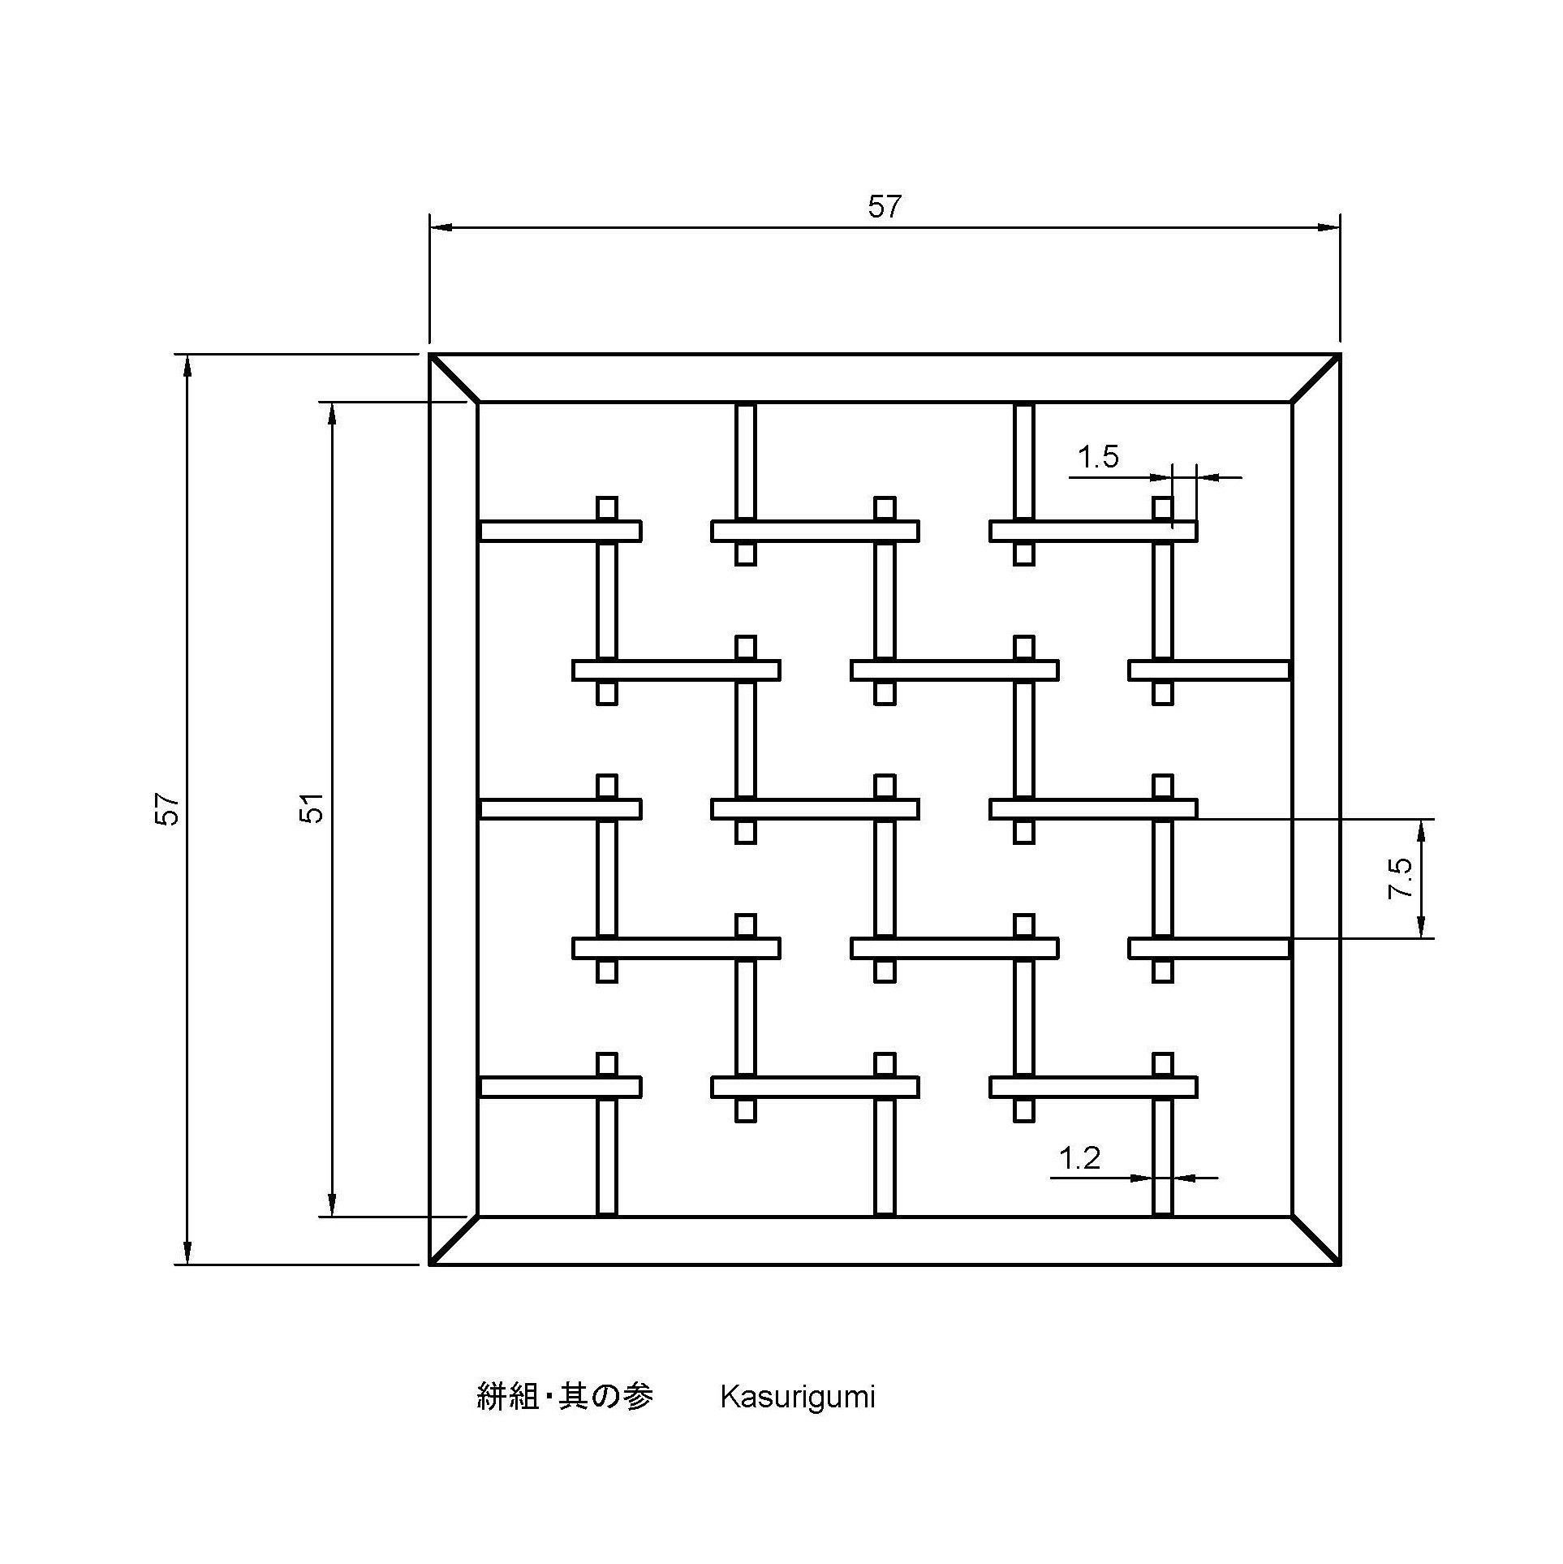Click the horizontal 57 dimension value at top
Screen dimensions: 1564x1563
point(884,207)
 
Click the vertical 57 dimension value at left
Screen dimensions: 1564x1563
point(167,809)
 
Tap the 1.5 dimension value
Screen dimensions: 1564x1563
point(1098,458)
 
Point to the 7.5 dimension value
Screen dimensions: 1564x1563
point(1401,878)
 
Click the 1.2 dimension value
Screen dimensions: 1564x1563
point(1079,1158)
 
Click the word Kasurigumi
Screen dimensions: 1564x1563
point(798,1397)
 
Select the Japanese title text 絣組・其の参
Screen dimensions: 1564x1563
point(565,1396)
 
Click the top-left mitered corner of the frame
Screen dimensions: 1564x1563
point(454,378)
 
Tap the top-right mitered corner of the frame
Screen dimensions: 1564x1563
point(1315,378)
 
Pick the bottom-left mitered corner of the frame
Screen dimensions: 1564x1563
point(454,1240)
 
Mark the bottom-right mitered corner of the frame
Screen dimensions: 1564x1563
point(1315,1240)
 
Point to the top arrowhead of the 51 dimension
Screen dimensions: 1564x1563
point(331,413)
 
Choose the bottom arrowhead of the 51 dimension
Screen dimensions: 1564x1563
point(331,1205)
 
